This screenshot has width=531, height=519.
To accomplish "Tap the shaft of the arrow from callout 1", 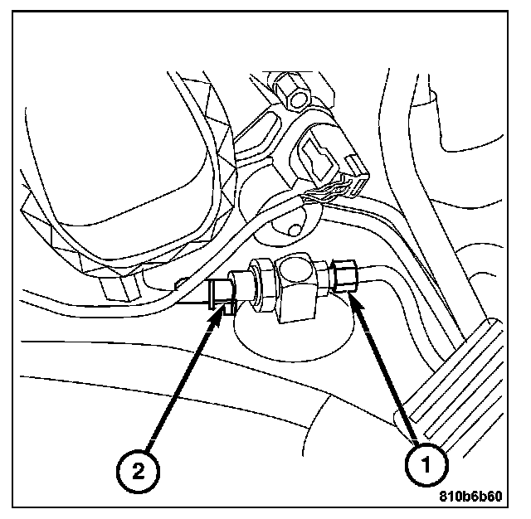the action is click(x=390, y=373).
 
